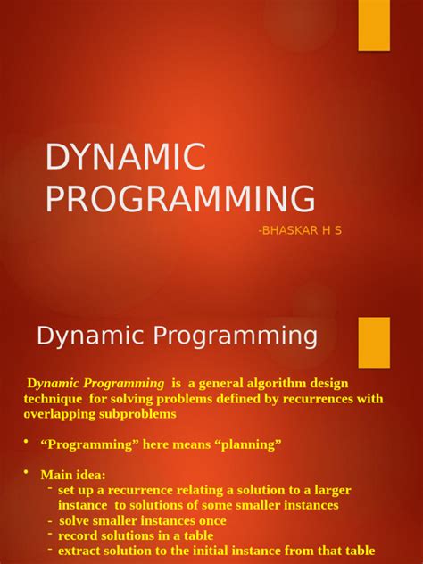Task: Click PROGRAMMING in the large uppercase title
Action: [x=179, y=198]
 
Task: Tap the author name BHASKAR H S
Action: [x=300, y=230]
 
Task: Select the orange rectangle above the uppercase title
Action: [x=374, y=25]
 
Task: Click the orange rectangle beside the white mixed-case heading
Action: [x=374, y=342]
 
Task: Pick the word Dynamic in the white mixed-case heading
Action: [x=85, y=336]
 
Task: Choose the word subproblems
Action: [x=142, y=414]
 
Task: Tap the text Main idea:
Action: [x=73, y=475]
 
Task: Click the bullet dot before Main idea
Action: [x=27, y=472]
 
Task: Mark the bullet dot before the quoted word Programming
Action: [x=27, y=442]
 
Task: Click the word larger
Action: [x=330, y=490]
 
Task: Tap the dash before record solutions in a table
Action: [x=50, y=534]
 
